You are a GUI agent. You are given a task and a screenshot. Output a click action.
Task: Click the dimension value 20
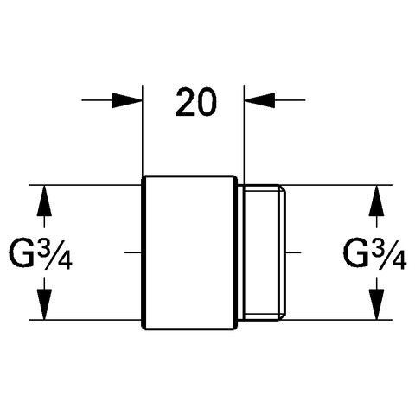point(196,103)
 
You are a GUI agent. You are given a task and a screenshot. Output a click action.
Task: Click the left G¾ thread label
point(41,255)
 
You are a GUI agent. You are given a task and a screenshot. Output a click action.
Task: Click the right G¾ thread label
point(374,255)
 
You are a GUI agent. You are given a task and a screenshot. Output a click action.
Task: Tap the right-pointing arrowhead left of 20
point(127,100)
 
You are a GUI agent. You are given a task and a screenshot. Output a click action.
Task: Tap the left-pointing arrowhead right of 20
point(259,100)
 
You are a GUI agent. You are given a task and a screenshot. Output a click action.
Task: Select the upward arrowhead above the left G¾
point(44,201)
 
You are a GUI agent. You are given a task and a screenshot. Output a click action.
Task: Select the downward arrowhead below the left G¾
point(44,304)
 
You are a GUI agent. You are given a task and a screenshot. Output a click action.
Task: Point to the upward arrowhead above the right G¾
point(377,201)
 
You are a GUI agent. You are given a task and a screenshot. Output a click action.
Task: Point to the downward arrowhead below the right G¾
point(377,304)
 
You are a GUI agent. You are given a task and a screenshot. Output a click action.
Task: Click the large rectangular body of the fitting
point(189,252)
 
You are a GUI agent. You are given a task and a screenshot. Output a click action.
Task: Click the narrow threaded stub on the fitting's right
point(261,252)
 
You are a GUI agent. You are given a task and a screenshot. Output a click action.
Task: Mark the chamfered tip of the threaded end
point(283,252)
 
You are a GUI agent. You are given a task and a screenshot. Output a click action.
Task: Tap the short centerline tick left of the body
point(133,252)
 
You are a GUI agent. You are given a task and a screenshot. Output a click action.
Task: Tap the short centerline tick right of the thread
point(294,252)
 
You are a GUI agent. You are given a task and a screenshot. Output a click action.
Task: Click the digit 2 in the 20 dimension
point(185,103)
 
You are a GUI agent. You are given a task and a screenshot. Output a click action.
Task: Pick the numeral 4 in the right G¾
point(400,262)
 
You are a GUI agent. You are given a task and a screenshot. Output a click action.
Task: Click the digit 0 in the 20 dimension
point(207,103)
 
